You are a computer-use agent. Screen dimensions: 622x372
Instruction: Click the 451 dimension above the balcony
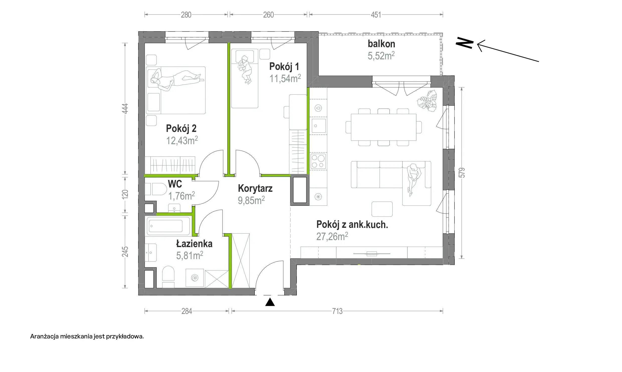tap(376, 15)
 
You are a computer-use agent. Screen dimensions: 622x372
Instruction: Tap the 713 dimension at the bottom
tap(337, 311)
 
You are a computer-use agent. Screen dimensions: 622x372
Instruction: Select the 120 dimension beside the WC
tap(125, 195)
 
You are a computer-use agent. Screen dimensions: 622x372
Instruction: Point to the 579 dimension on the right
tap(462, 173)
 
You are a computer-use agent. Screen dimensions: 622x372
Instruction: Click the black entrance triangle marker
tap(270, 302)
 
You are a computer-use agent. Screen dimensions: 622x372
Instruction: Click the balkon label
tap(381, 44)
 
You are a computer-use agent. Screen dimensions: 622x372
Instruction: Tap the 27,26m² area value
tap(332, 236)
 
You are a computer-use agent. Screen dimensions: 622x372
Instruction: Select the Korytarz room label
tap(255, 188)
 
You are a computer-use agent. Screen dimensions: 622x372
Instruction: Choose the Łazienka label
tap(194, 243)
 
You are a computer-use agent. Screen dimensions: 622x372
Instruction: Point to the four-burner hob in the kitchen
tap(318, 161)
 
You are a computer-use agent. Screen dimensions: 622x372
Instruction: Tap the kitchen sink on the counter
tap(319, 126)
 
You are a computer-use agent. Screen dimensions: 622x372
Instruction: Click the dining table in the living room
tap(383, 127)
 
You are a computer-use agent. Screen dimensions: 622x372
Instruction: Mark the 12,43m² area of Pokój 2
tap(182, 141)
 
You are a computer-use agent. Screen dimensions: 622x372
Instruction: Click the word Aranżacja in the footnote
tap(44, 337)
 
